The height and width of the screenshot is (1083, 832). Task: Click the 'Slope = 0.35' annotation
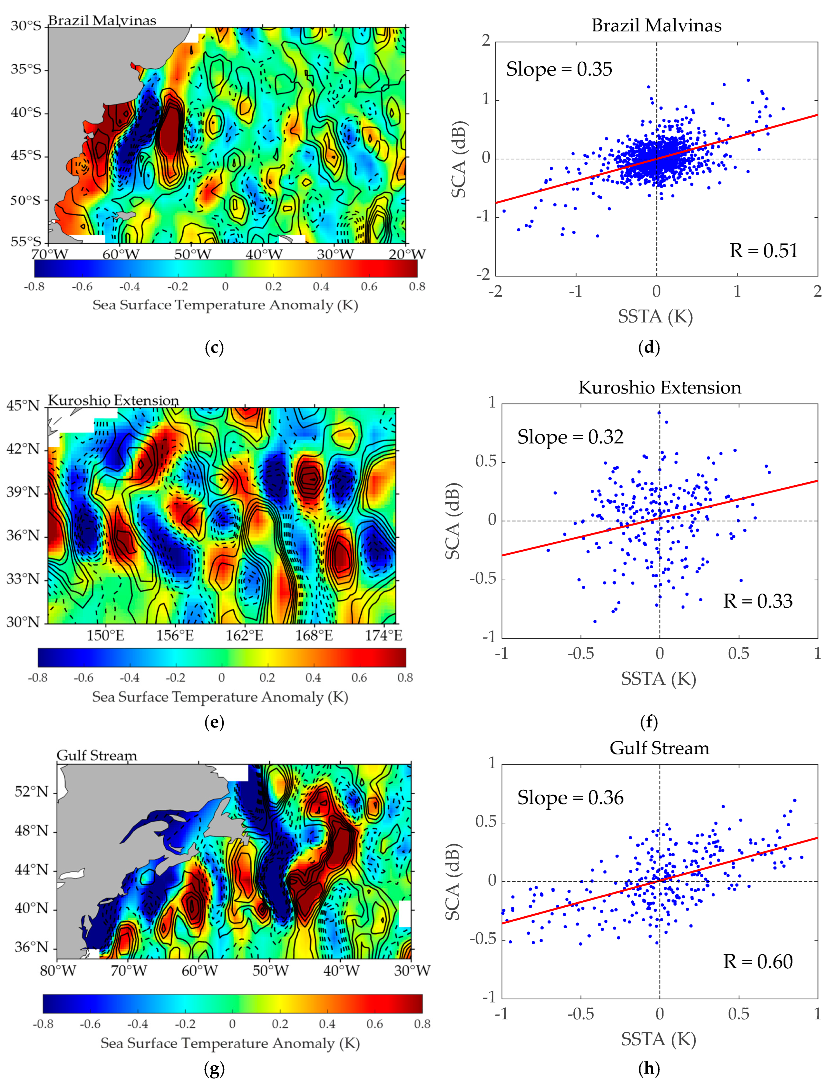point(559,69)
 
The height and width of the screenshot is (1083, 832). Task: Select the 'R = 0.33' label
point(758,601)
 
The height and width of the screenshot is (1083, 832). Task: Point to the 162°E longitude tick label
point(244,635)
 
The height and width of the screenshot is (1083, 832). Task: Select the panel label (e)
point(214,722)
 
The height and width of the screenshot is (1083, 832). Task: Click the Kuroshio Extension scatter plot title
point(660,388)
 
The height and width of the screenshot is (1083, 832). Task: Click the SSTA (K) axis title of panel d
point(655,316)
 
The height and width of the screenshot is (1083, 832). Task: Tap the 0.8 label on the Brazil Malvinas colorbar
point(417,287)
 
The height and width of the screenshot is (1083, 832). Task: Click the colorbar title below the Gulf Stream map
point(230,1043)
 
